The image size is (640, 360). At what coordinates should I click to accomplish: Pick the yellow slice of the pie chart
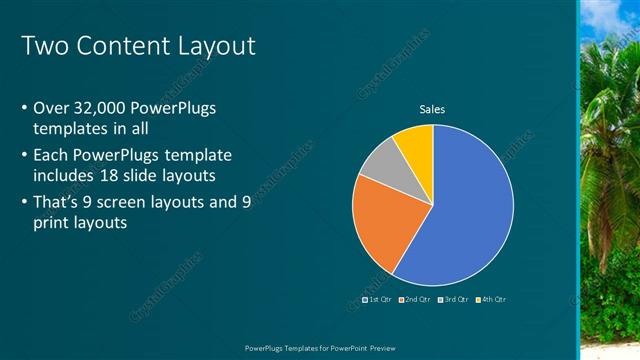[x=415, y=143]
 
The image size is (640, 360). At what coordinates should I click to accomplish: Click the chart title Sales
[x=432, y=109]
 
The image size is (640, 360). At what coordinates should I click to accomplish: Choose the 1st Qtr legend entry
[x=376, y=299]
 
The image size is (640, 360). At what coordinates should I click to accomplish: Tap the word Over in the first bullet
[x=52, y=108]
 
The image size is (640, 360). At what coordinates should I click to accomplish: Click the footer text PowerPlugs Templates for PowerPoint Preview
[x=319, y=347]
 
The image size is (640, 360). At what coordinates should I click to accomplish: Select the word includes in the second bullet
[x=67, y=176]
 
